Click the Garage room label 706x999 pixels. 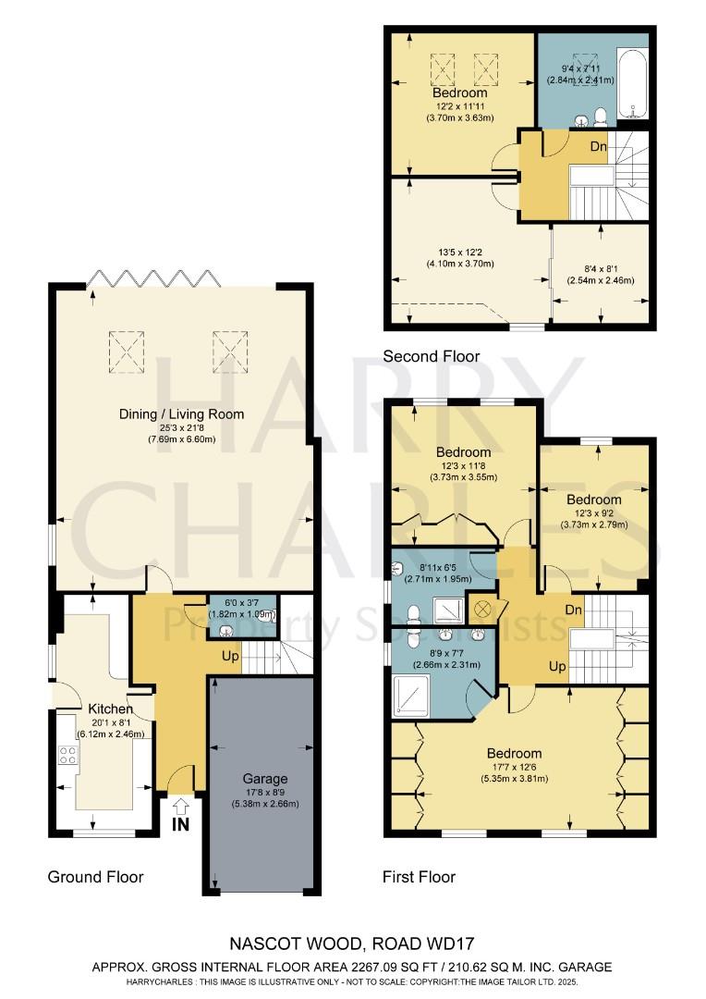tap(265, 779)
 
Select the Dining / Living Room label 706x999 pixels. tap(181, 413)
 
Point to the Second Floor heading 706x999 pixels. tap(431, 356)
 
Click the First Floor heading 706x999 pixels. tap(419, 877)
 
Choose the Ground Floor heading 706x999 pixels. tap(96, 877)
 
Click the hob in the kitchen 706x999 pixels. tap(68, 754)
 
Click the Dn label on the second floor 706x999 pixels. tap(599, 145)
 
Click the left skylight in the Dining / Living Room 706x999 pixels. tap(128, 348)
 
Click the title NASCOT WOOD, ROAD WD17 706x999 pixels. tap(352, 944)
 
